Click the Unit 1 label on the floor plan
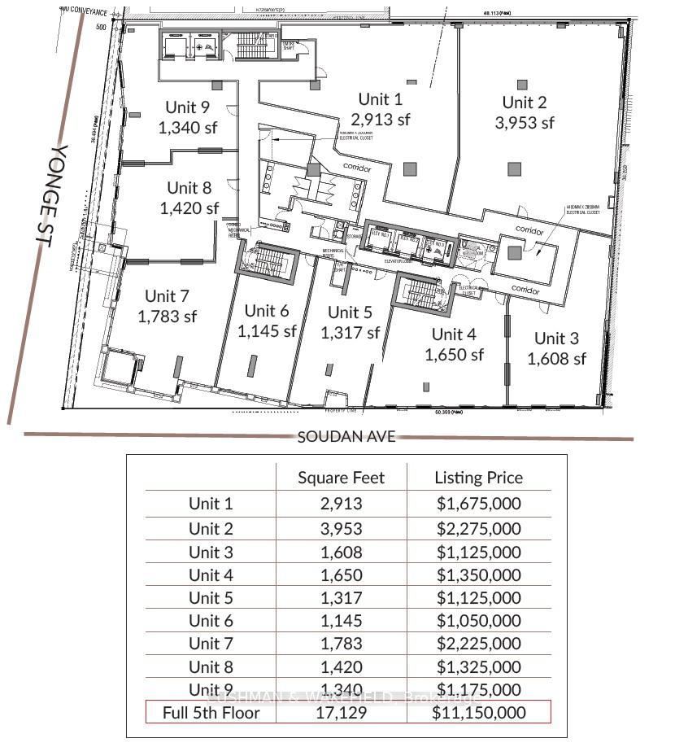coord(380,99)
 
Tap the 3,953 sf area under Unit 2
coord(525,123)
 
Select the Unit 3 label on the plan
coord(556,339)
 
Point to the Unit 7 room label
coord(167,295)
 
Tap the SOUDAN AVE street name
coord(346,436)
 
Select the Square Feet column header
coord(341,478)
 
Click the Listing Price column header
coord(478,478)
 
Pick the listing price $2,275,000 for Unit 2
coord(478,528)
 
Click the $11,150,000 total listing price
coord(478,713)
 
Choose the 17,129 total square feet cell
coord(341,713)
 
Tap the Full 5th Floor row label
coord(211,713)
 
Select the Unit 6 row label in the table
coord(211,620)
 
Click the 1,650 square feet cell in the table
coord(341,574)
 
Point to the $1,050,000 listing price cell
coord(478,620)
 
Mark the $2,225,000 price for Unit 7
coord(478,644)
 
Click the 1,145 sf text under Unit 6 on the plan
coord(267,331)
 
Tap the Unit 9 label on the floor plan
coord(187,107)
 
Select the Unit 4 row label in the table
coord(211,574)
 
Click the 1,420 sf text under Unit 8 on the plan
coord(189,208)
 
